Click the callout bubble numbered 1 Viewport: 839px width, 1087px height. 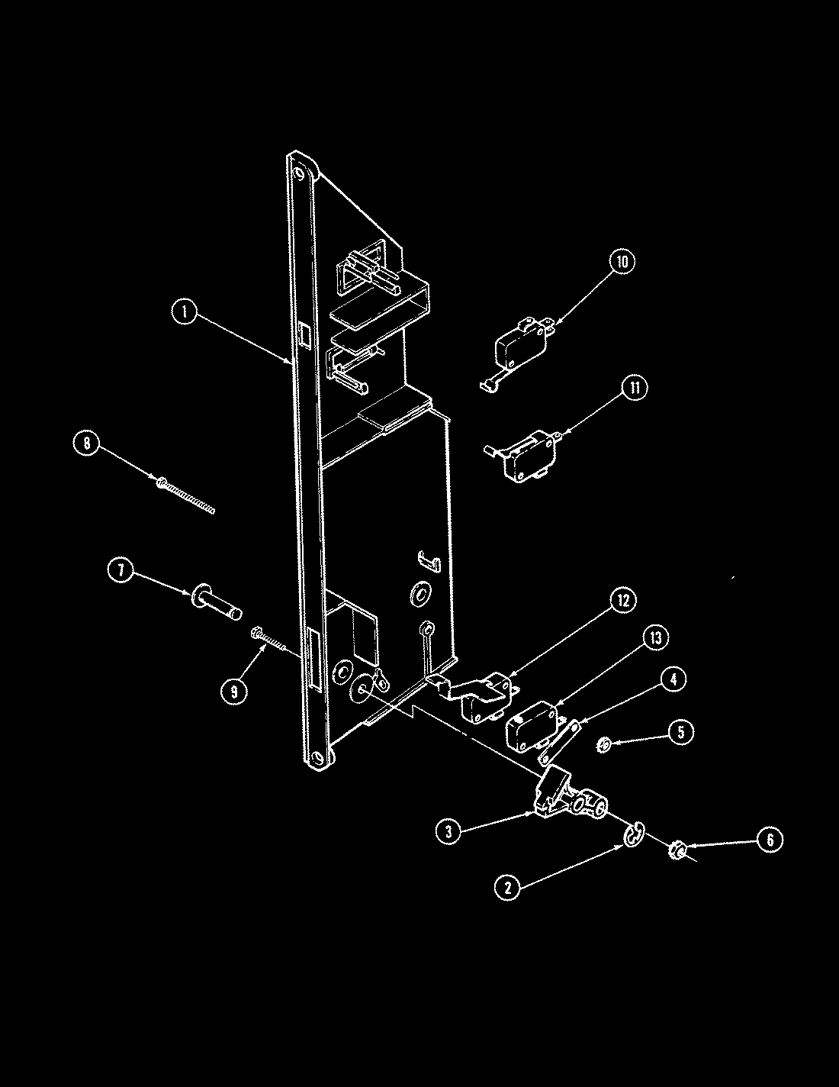point(184,311)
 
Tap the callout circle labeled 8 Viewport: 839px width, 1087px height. point(87,444)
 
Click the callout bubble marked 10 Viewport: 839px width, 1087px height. point(622,261)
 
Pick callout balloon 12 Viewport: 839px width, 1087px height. point(623,600)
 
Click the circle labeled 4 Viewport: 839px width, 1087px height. point(672,679)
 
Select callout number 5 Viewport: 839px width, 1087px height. point(680,731)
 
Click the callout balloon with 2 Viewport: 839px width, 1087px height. point(506,886)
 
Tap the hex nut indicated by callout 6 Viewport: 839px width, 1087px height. point(676,848)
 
